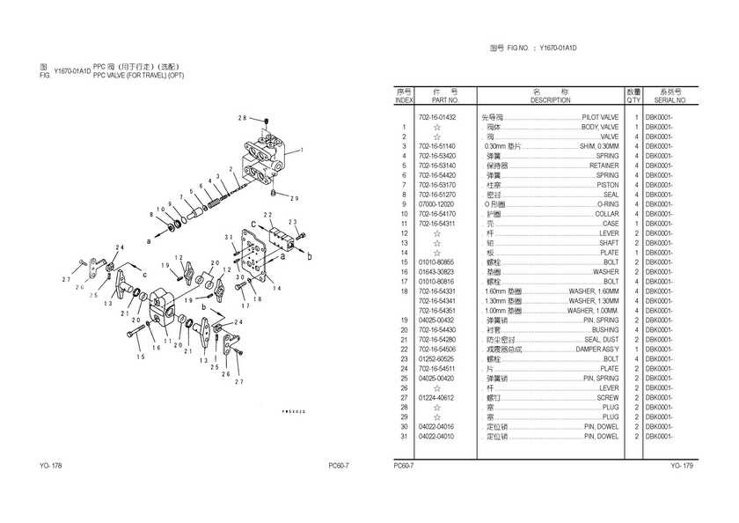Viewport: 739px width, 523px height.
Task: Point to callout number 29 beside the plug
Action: pyautogui.click(x=295, y=197)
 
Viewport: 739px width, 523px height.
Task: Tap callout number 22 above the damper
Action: pyautogui.click(x=267, y=215)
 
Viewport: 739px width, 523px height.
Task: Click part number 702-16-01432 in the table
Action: pyautogui.click(x=437, y=117)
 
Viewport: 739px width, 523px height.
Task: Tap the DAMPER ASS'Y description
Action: pyautogui.click(x=596, y=349)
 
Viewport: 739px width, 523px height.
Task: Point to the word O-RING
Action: pyautogui.click(x=608, y=204)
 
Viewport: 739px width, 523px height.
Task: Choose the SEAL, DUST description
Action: pyautogui.click(x=601, y=339)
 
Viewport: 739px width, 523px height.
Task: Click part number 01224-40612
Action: pyautogui.click(x=437, y=397)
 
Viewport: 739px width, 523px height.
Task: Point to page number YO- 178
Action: pyautogui.click(x=50, y=465)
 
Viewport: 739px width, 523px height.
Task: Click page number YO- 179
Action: pyautogui.click(x=682, y=465)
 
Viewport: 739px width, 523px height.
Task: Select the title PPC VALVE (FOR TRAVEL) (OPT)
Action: pyautogui.click(x=138, y=76)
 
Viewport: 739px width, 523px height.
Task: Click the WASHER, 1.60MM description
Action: pyautogui.click(x=594, y=291)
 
